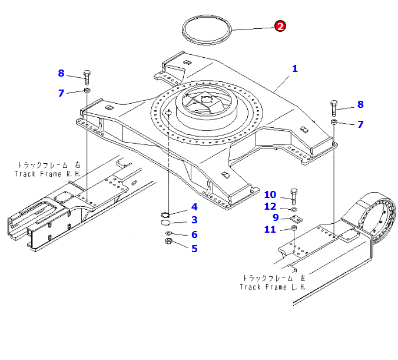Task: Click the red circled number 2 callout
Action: pos(280,26)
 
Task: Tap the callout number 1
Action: pos(295,68)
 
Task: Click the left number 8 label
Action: pos(61,74)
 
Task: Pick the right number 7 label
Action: pos(361,124)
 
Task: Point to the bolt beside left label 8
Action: pos(87,76)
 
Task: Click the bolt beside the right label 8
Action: pos(334,107)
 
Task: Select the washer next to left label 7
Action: pos(87,90)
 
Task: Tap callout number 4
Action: pos(194,207)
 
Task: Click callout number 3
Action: pos(194,220)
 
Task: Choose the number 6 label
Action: pos(194,234)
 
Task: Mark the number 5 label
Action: pos(194,248)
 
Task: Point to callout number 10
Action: pos(270,194)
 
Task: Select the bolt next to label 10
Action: pos(294,195)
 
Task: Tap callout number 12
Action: pos(270,206)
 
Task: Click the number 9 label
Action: pos(275,217)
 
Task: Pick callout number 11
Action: pos(270,229)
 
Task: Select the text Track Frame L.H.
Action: pos(273,286)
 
